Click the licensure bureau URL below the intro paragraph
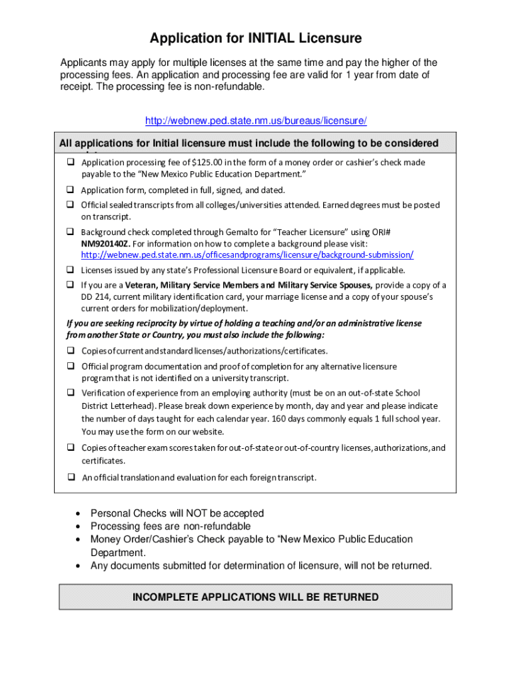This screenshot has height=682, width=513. (256, 121)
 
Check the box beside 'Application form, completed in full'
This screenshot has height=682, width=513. (69, 190)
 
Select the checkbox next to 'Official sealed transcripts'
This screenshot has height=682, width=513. (69, 205)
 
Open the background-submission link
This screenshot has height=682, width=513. (247, 255)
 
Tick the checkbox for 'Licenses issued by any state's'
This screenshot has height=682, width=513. (69, 270)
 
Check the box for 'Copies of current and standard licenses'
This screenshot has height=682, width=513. (69, 351)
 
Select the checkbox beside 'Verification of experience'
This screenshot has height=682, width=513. (69, 393)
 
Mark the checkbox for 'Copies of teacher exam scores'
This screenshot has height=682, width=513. (69, 448)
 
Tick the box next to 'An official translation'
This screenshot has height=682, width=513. (69, 478)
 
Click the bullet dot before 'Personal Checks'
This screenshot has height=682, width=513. (79, 513)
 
